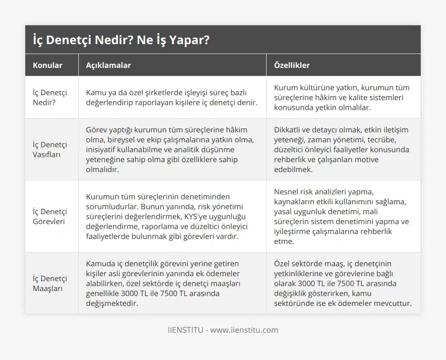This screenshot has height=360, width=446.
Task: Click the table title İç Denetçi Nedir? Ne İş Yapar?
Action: [121, 40]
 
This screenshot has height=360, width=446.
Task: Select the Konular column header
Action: [48, 65]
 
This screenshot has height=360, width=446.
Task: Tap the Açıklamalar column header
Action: [109, 65]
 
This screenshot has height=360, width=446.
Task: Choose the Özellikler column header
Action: [292, 65]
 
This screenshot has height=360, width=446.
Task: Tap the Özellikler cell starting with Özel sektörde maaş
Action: [342, 283]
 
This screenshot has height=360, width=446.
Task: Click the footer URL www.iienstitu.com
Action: [244, 330]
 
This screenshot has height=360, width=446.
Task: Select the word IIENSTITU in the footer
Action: [185, 330]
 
